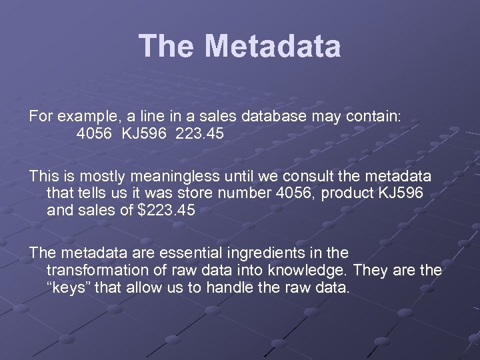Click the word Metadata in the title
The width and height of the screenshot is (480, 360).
(x=273, y=47)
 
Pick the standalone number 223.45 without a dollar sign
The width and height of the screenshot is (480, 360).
(x=200, y=134)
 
